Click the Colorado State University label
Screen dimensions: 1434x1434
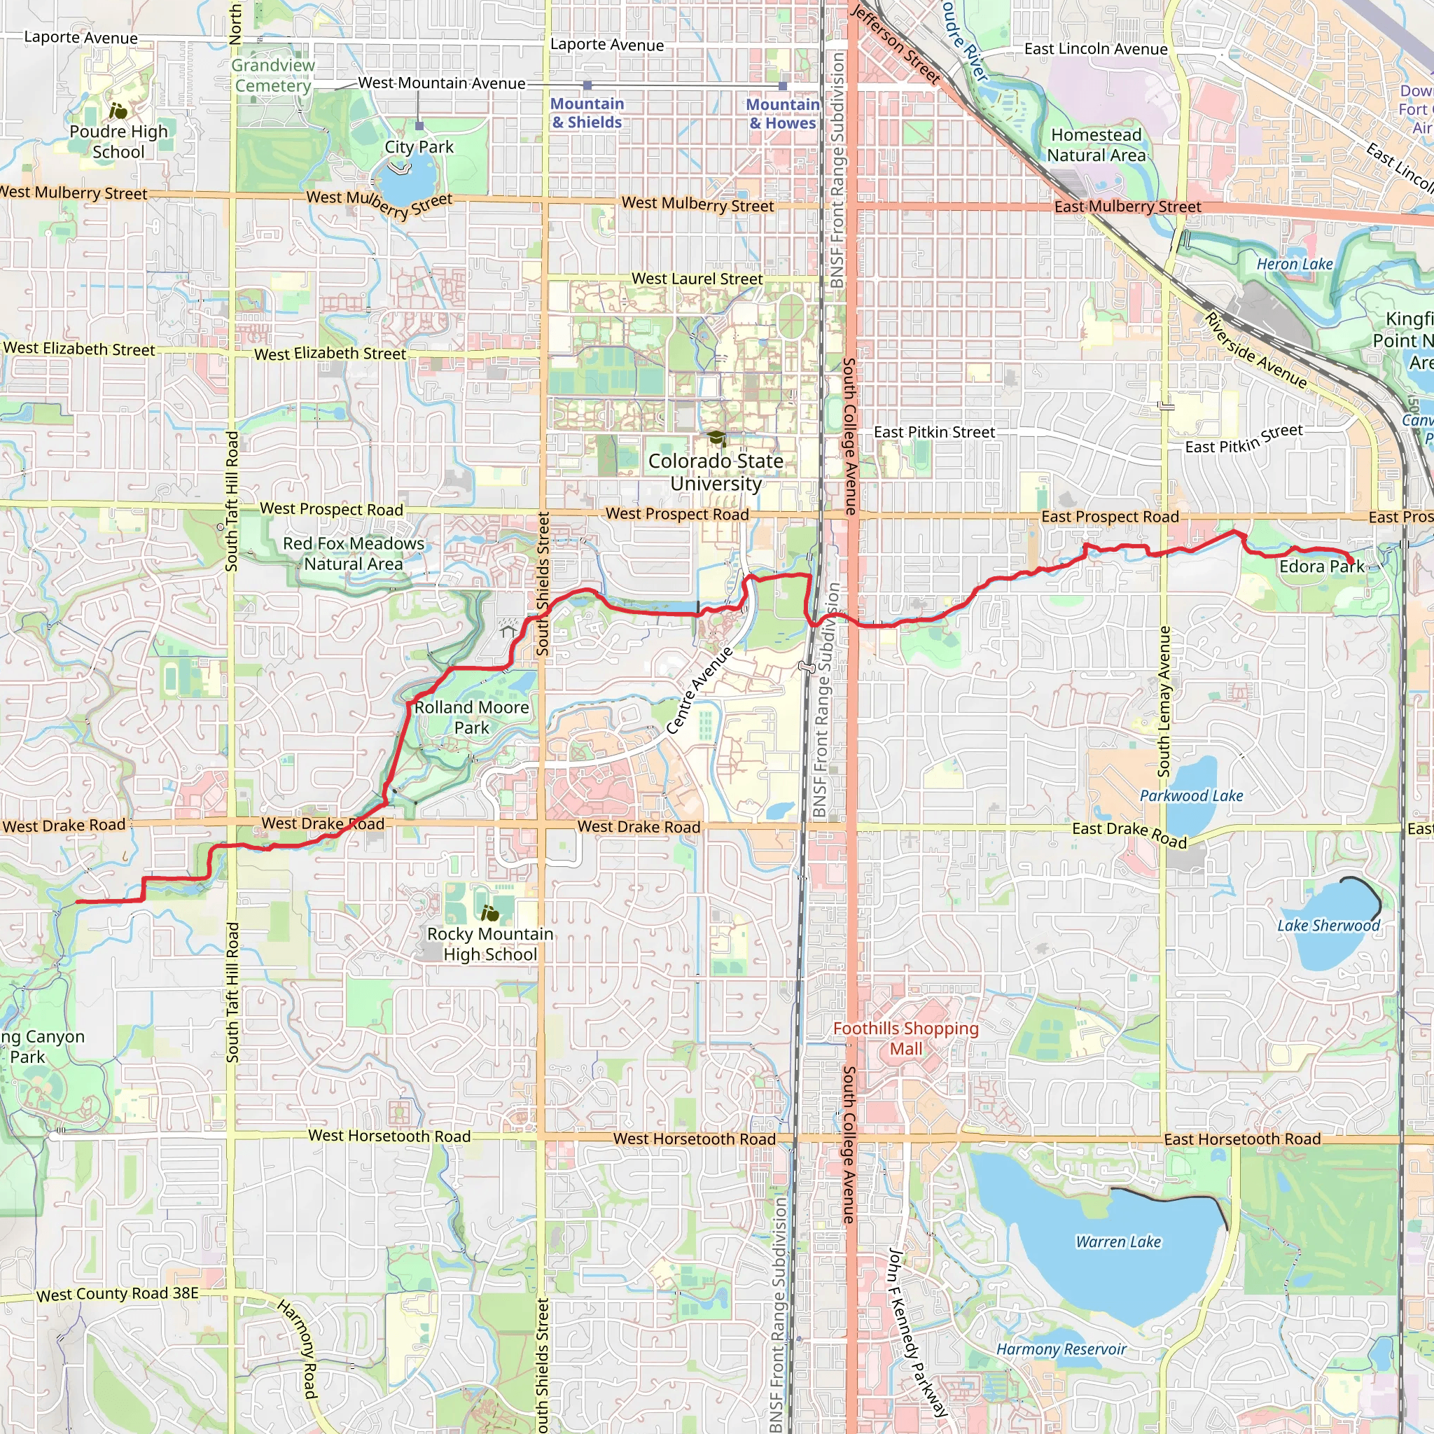(x=716, y=472)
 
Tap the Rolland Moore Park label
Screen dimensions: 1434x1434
(x=471, y=718)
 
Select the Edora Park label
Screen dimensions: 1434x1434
(x=1321, y=566)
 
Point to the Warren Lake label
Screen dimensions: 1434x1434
(x=1118, y=1241)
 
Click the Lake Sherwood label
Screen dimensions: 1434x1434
(x=1328, y=926)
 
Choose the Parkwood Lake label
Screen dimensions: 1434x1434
(x=1190, y=795)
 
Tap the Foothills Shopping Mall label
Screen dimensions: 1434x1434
(x=905, y=1038)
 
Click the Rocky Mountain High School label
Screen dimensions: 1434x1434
(x=490, y=944)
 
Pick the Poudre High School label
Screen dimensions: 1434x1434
(x=119, y=141)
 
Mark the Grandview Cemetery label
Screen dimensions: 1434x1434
(x=273, y=76)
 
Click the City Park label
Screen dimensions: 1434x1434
(x=419, y=147)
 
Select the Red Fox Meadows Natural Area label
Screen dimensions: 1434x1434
(x=354, y=554)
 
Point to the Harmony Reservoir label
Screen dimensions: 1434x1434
(x=1061, y=1349)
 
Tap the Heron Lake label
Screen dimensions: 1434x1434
(x=1295, y=264)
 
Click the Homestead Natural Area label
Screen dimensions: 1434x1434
(x=1097, y=146)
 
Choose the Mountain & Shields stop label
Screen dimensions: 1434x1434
(x=587, y=113)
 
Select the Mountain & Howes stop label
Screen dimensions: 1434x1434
(x=782, y=114)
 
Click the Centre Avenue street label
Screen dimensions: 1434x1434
(x=699, y=691)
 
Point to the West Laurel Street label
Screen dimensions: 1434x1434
(x=697, y=279)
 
